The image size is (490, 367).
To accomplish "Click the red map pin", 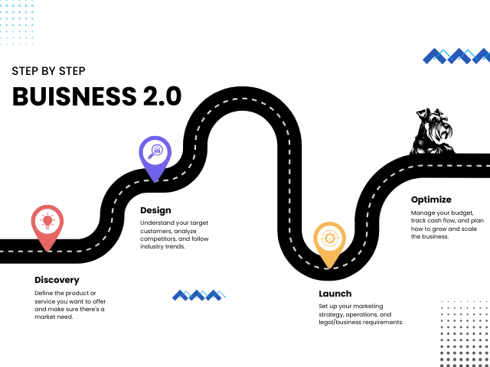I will (47, 222).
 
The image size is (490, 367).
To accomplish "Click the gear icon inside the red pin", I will (47, 221).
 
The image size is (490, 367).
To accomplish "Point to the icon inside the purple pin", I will (155, 151).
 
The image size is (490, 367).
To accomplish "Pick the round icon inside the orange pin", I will (329, 238).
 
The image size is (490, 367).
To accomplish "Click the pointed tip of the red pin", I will (47, 250).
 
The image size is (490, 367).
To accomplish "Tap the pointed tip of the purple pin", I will (155, 181).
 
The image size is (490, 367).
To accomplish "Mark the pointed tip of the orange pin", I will (329, 268).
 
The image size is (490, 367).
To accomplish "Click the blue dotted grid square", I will (18, 23).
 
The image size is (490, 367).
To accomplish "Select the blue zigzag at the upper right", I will (456, 55).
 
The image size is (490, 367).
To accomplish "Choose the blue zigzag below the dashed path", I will (199, 295).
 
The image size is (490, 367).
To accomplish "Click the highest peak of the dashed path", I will (243, 99).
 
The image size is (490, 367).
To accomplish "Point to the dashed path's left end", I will (2, 251).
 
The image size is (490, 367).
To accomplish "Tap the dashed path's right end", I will (488, 165).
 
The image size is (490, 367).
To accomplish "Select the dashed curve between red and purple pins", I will (112, 218).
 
